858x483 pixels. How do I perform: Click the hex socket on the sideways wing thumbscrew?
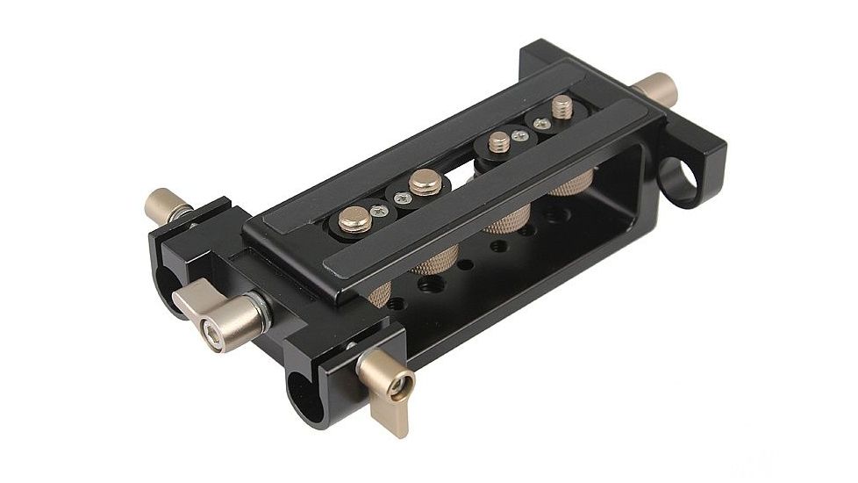click(211, 333)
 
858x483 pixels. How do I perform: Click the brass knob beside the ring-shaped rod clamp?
click(654, 88)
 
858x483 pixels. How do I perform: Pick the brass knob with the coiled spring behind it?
click(163, 205)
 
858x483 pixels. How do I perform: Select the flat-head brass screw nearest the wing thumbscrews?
click(355, 219)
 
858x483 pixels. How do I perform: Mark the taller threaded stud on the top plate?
click(561, 109)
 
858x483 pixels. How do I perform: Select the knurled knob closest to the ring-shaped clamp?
click(572, 184)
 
